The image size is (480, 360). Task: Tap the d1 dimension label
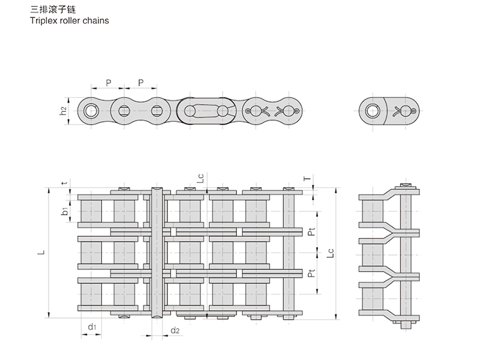(x=91, y=327)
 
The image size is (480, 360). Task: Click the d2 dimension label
(x=175, y=330)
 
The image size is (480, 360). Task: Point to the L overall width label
(x=40, y=253)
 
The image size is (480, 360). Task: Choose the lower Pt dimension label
(x=310, y=274)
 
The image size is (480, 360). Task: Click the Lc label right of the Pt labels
(x=329, y=253)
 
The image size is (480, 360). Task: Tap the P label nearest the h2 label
(x=108, y=82)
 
